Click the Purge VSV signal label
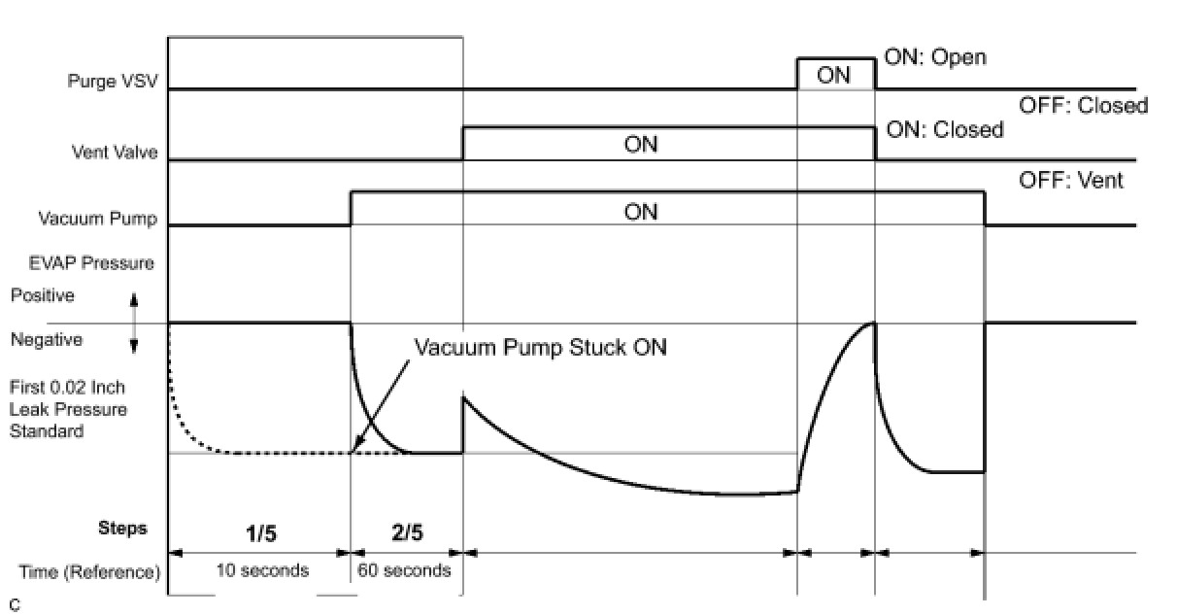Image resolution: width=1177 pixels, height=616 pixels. pos(113,81)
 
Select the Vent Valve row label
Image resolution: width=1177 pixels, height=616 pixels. pos(115,152)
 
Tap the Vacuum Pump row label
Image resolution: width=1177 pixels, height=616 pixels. pos(97,218)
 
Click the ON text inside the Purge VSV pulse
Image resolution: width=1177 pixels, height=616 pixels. pos(834,75)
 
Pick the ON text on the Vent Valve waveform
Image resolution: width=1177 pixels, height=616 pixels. pos(641,144)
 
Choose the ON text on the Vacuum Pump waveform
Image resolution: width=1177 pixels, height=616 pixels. pos(641,211)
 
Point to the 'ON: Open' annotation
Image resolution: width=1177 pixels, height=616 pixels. pos(934,57)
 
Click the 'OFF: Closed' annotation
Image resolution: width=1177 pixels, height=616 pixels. pos(1082,105)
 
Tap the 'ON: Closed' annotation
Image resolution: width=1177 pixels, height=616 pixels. pos(945,130)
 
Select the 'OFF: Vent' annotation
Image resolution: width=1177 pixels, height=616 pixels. pos(1070,180)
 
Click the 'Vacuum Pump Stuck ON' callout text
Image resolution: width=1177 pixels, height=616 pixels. pos(540,347)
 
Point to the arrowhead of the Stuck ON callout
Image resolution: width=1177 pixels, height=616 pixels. pos(354,450)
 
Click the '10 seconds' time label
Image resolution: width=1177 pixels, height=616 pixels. pos(261,570)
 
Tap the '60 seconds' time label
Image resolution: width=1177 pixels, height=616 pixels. pos(405,570)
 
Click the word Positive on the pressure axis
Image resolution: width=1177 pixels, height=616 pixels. pos(42,294)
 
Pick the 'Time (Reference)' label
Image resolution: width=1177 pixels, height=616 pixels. pos(89,572)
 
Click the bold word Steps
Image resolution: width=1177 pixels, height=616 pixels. pos(122,529)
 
